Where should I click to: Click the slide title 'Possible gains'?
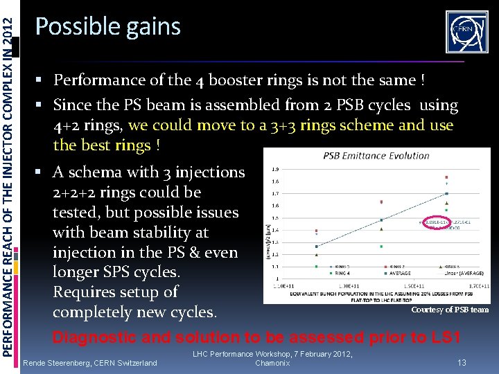pos(107,27)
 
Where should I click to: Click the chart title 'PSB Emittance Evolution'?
pos(376,156)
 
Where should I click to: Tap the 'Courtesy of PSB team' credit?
pos(450,310)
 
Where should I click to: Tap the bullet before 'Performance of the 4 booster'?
pos(44,80)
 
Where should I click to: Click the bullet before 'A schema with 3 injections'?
pos(44,172)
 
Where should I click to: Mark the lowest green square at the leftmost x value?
pos(316,266)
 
